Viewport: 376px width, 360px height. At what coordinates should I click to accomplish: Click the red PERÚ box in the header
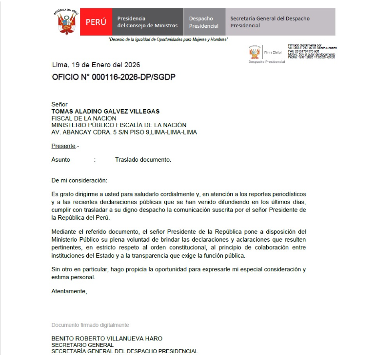tap(96, 22)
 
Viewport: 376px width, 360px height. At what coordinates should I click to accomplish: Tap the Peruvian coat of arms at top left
tap(66, 22)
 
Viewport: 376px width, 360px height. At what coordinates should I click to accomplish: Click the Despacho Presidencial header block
tap(204, 22)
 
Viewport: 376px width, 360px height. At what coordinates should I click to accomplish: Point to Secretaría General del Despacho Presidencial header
tap(270, 22)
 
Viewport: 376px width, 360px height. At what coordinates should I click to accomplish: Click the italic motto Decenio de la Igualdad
tap(168, 39)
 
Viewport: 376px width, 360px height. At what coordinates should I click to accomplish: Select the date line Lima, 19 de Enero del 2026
tap(96, 65)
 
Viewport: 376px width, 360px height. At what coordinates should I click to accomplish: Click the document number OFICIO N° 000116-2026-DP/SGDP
tap(114, 77)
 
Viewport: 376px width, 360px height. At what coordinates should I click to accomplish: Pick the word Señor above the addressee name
tap(59, 104)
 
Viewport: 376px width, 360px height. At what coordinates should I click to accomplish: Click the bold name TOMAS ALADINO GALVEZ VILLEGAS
tap(105, 111)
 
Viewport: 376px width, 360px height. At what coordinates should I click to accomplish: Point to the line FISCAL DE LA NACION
tap(84, 118)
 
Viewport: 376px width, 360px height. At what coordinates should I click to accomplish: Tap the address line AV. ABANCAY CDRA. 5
tap(124, 132)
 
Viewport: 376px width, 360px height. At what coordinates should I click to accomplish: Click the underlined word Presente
tap(63, 146)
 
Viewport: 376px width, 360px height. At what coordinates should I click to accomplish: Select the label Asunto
tap(61, 159)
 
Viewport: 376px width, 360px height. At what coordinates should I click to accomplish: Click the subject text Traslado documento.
tap(143, 159)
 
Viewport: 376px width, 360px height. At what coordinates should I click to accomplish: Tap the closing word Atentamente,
tap(69, 291)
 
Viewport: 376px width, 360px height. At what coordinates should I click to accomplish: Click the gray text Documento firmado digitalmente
tap(90, 324)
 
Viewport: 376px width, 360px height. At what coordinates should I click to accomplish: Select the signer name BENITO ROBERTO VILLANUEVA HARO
tap(107, 338)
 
